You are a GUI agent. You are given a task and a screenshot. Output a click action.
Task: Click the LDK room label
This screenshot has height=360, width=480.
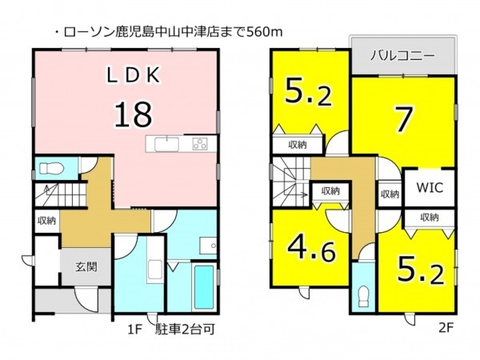(133, 75)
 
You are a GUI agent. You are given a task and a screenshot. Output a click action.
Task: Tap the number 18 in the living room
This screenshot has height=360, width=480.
(133, 114)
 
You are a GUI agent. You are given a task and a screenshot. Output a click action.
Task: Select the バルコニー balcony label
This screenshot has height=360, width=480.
(402, 56)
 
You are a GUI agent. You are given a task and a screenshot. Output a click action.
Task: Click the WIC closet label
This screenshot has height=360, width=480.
(430, 187)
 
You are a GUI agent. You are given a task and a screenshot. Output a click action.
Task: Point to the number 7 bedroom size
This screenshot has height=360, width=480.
(404, 120)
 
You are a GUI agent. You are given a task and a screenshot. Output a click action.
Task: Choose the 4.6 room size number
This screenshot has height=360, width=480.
(312, 249)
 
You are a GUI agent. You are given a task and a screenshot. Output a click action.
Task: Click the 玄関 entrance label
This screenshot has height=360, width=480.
(86, 267)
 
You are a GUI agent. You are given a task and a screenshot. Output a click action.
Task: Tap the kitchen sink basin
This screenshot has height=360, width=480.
(167, 144)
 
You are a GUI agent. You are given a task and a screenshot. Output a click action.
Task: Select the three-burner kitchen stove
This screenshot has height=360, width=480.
(200, 144)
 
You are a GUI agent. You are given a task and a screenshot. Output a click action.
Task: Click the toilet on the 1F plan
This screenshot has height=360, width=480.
(51, 168)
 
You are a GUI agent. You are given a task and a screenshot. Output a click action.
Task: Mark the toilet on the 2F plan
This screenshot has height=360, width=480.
(364, 296)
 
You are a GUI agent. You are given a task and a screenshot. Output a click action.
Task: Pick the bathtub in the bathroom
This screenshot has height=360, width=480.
(204, 287)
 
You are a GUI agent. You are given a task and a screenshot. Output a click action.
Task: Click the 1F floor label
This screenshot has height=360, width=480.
(135, 330)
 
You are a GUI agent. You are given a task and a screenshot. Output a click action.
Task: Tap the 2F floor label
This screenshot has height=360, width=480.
(445, 328)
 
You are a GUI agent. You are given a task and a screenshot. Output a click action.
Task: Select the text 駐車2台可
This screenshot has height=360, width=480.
(185, 330)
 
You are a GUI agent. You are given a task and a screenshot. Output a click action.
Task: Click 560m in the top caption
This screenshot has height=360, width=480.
(264, 32)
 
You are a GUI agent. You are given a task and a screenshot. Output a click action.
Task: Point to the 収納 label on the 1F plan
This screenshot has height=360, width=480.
(47, 221)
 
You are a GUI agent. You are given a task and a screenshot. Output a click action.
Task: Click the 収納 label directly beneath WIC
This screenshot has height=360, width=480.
(430, 218)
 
